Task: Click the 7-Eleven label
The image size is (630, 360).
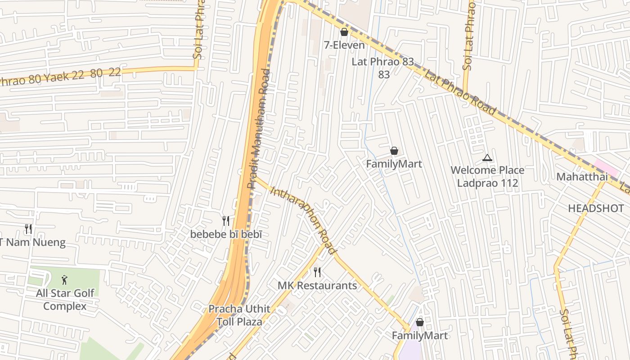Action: (x=344, y=45)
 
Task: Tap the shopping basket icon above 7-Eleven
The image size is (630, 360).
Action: (x=344, y=32)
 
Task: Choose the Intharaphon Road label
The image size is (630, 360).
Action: (x=303, y=220)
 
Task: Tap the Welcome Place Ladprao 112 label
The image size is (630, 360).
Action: (x=487, y=176)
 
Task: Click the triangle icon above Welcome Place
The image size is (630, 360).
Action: (x=487, y=158)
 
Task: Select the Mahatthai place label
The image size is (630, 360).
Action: (x=582, y=177)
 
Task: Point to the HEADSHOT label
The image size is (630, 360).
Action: (x=595, y=208)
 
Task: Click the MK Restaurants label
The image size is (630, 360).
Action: (x=317, y=286)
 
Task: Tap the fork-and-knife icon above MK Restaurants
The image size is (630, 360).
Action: (x=317, y=272)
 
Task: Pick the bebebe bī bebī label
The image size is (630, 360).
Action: (x=226, y=234)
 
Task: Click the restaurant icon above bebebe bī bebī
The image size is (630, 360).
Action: (x=226, y=220)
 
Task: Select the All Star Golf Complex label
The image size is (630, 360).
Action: (x=65, y=300)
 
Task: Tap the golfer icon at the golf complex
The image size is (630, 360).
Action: (x=65, y=280)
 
